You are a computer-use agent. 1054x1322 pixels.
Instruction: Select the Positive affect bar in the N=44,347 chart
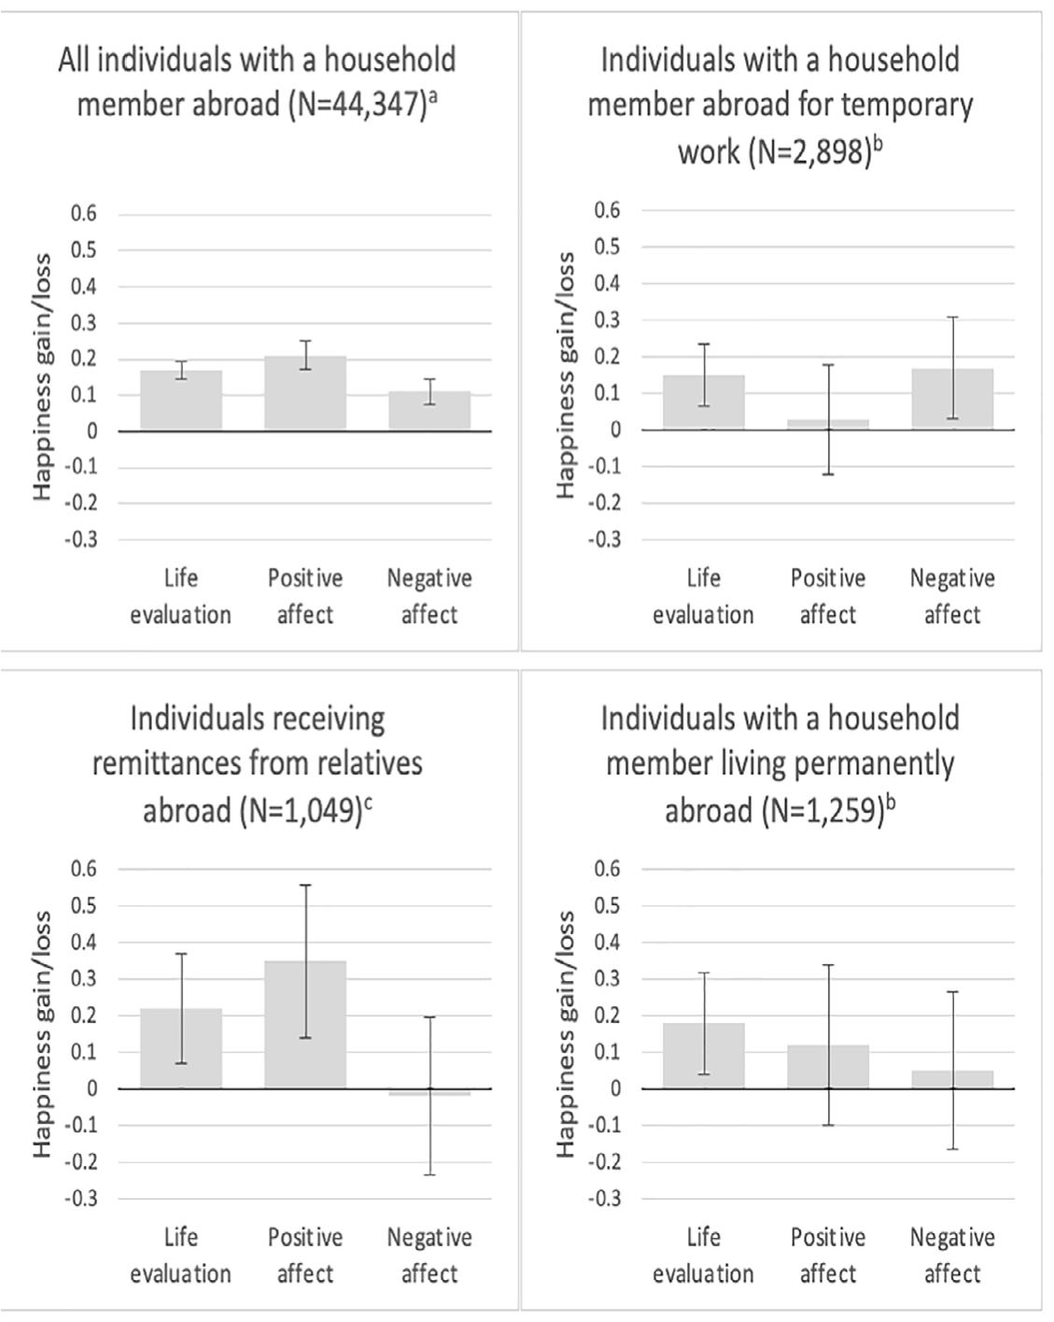tap(305, 393)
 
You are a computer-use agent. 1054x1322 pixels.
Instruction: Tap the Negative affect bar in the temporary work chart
tap(952, 399)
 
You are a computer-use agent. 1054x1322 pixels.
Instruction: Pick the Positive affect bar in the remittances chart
tap(305, 1024)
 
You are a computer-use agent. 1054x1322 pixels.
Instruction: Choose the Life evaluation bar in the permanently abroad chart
tap(704, 1056)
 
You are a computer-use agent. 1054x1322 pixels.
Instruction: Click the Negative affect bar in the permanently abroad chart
tap(952, 1079)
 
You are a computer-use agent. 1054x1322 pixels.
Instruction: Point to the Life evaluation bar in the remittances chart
tap(181, 1048)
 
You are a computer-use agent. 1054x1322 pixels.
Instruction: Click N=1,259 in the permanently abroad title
tap(822, 810)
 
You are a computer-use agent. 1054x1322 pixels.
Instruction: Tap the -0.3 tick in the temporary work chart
tap(604, 539)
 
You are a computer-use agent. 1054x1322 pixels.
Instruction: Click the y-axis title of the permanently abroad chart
tap(566, 1034)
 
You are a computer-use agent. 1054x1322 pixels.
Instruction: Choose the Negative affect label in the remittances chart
tap(429, 1255)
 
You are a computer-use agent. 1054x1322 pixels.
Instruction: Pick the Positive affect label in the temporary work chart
tap(828, 596)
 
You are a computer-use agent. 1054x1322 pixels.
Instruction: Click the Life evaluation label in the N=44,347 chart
tap(181, 596)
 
